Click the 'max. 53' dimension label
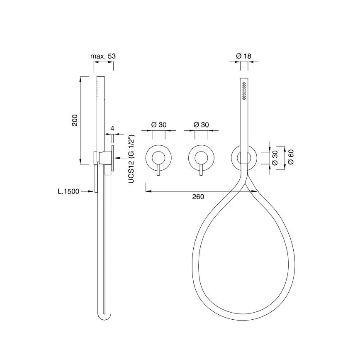[x=103, y=56]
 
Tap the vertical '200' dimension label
[x=75, y=120]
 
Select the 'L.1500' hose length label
[x=68, y=191]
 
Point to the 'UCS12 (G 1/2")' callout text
[x=131, y=159]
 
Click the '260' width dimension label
[x=198, y=197]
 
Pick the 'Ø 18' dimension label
[x=243, y=56]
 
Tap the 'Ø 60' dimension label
[x=291, y=157]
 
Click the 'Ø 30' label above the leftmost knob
[x=159, y=125]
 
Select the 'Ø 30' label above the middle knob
[x=201, y=125]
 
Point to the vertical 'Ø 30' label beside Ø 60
[x=275, y=158]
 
